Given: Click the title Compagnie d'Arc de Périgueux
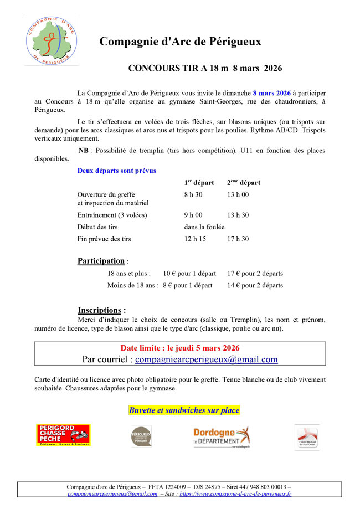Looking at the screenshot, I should (180, 42).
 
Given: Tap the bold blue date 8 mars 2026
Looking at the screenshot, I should (271, 93).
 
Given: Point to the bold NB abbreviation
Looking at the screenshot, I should (83, 151).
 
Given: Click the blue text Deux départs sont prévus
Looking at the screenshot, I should (116, 171).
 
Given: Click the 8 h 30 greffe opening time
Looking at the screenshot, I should (193, 194).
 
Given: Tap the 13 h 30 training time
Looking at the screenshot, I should (238, 215).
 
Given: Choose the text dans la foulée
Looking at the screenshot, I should (204, 227).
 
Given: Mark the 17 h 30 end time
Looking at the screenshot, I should (238, 239).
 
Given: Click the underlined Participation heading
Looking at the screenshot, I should (101, 261).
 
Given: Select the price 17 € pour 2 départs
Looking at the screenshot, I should (255, 274).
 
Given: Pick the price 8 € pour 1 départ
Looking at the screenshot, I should (187, 285).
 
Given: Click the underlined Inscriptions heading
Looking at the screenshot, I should (99, 310).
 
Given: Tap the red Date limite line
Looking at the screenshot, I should (180, 348).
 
